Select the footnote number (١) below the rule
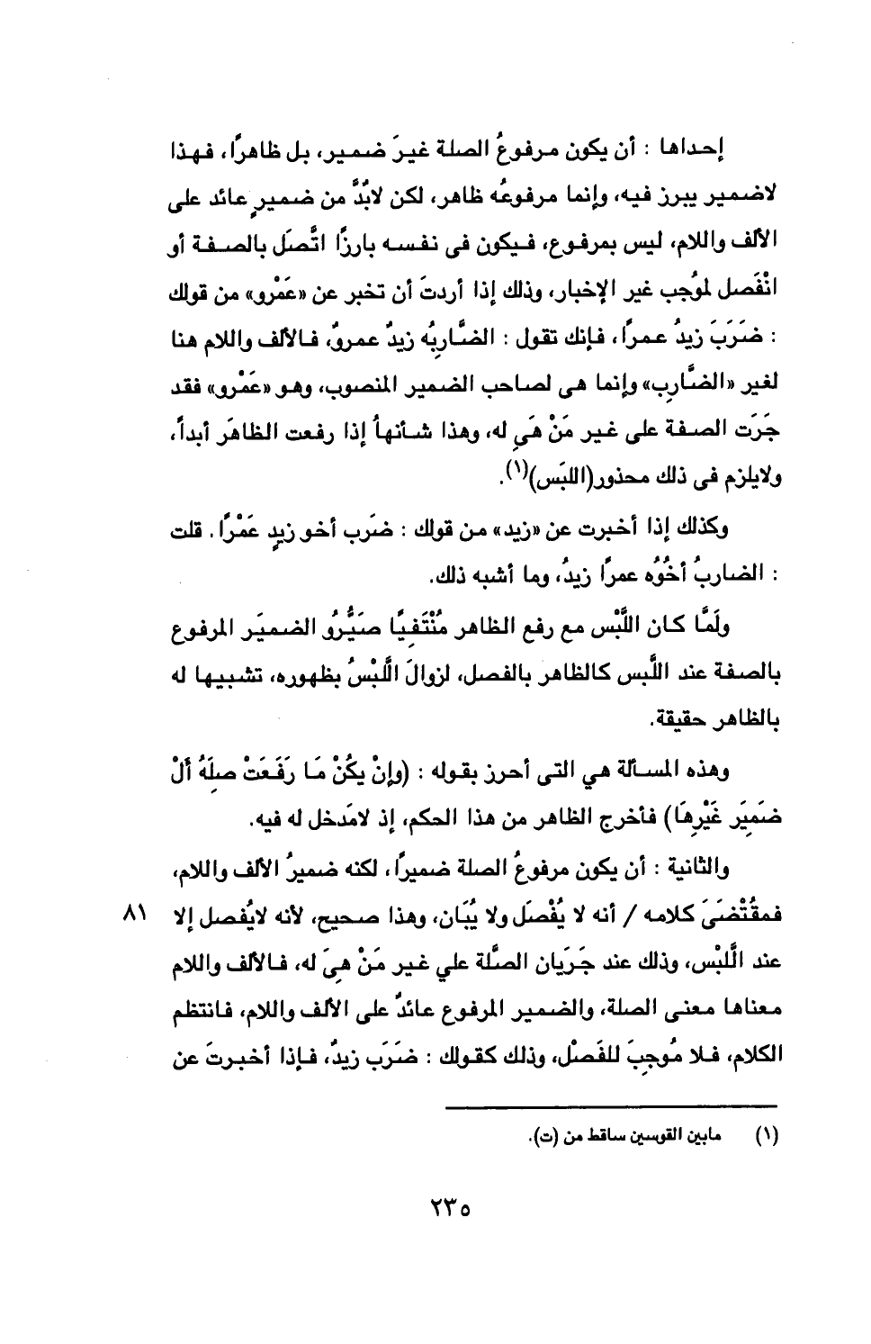click(x=767, y=1136)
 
